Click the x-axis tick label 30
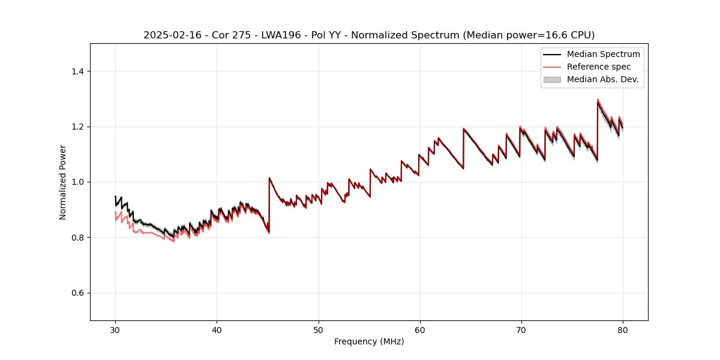click(x=116, y=329)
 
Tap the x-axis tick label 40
click(x=217, y=329)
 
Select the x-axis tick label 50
click(x=319, y=329)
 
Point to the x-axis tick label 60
click(x=420, y=329)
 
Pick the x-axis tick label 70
click(x=521, y=329)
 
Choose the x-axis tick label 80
click(x=623, y=329)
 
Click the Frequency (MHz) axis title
click(x=369, y=341)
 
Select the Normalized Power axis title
click(x=63, y=182)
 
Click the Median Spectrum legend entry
click(x=603, y=54)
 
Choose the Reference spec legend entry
click(x=598, y=67)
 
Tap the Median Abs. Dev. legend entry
click(x=602, y=79)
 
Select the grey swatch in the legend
click(x=552, y=79)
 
